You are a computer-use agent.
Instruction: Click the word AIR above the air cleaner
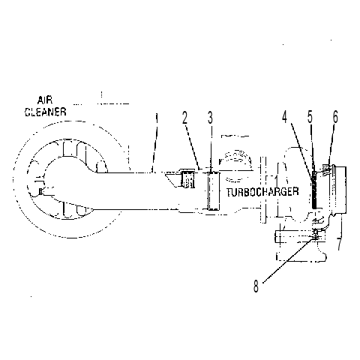coord(45,100)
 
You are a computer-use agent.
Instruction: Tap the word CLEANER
coord(46,112)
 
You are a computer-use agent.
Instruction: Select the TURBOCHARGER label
coord(262,192)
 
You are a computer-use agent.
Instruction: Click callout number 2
coord(184,118)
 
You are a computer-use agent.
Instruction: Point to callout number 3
coord(210,118)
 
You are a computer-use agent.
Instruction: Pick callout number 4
coord(285,117)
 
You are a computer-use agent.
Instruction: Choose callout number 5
coord(310,117)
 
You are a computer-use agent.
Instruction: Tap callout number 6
coord(335,117)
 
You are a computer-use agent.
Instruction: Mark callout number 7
coord(339,244)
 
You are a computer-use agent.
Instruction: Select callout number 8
coord(256,286)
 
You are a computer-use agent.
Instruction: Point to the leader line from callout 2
coord(193,147)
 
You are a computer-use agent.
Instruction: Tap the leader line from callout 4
coord(301,149)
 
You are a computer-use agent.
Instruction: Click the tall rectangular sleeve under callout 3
coord(214,190)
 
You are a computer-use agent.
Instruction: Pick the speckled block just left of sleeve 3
coord(187,179)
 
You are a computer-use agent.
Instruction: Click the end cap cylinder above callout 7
coord(340,190)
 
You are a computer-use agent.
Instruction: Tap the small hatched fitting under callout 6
coord(326,167)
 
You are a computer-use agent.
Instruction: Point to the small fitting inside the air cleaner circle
coord(40,191)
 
